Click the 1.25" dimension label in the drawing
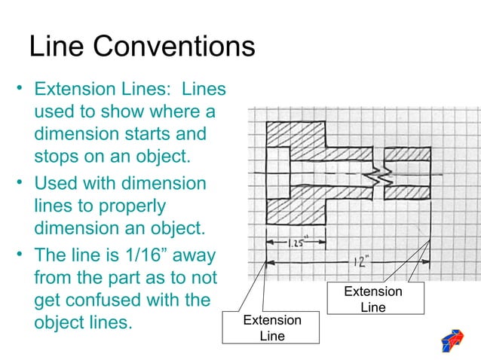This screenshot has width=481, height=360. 296,243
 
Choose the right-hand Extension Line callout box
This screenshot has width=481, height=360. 373,299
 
